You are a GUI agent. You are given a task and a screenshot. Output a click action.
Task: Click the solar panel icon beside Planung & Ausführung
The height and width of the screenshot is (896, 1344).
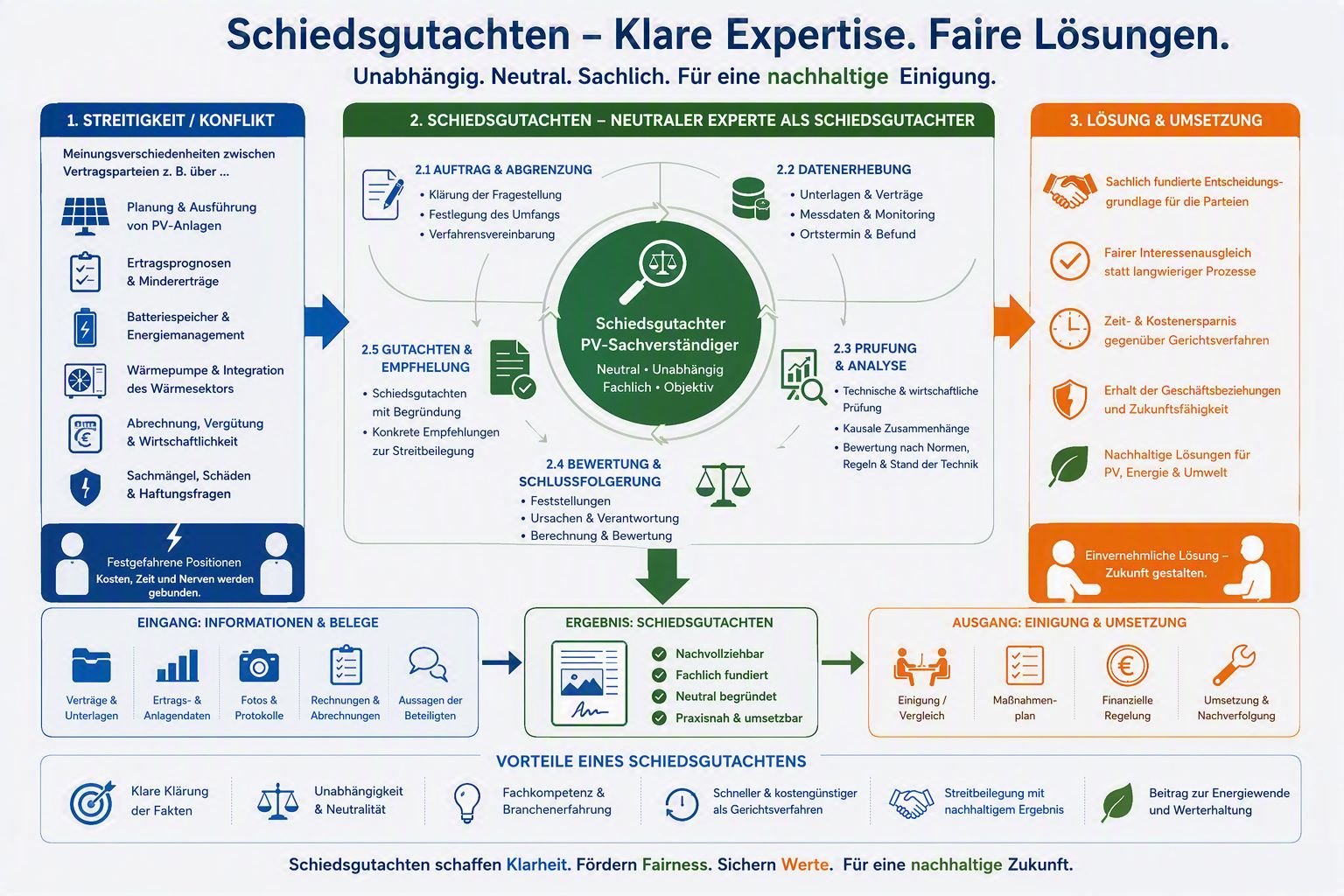tap(85, 216)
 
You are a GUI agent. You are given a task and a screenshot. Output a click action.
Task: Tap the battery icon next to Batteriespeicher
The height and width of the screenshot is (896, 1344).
tap(85, 327)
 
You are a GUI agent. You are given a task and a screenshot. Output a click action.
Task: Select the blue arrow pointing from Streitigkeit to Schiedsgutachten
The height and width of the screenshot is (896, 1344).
tap(326, 322)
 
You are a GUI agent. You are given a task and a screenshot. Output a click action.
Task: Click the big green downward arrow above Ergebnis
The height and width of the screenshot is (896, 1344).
tap(662, 576)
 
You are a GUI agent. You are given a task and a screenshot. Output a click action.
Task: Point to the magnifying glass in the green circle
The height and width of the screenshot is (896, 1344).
tap(653, 272)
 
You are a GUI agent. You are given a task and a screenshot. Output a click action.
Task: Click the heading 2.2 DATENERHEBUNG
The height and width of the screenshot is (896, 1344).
tap(843, 170)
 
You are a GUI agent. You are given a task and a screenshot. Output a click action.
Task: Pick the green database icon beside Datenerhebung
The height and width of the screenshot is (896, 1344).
tap(751, 199)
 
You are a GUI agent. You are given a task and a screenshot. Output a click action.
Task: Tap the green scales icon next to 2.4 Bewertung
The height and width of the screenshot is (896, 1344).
tap(723, 484)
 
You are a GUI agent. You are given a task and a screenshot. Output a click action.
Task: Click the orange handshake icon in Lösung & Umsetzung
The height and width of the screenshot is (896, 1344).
tap(1070, 192)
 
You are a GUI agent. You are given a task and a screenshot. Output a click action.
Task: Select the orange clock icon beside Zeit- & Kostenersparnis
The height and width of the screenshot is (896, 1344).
tap(1070, 329)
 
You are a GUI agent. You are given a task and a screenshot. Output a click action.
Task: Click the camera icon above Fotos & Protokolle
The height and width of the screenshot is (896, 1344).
tap(259, 666)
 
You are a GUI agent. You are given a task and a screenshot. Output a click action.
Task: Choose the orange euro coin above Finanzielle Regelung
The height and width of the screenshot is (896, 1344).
tap(1127, 666)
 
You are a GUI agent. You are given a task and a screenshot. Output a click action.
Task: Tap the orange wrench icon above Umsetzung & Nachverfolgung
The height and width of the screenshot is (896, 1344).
tap(1234, 665)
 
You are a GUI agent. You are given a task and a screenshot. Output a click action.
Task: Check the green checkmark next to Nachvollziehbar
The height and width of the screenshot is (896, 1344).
tap(659, 654)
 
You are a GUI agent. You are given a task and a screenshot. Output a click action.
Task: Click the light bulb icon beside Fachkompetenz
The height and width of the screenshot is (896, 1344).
tap(466, 802)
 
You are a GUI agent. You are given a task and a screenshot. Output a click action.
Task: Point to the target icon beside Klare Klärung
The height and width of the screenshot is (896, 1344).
tap(91, 802)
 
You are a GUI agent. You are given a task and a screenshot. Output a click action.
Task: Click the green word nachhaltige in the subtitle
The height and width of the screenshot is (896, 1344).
tap(828, 77)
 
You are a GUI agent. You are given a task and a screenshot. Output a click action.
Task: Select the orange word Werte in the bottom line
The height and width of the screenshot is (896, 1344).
tap(805, 864)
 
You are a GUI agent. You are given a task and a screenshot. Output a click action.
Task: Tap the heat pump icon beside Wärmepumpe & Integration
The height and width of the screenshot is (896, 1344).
tap(85, 381)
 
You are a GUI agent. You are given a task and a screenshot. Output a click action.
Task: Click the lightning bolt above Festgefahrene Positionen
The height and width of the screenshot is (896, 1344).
tap(174, 538)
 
